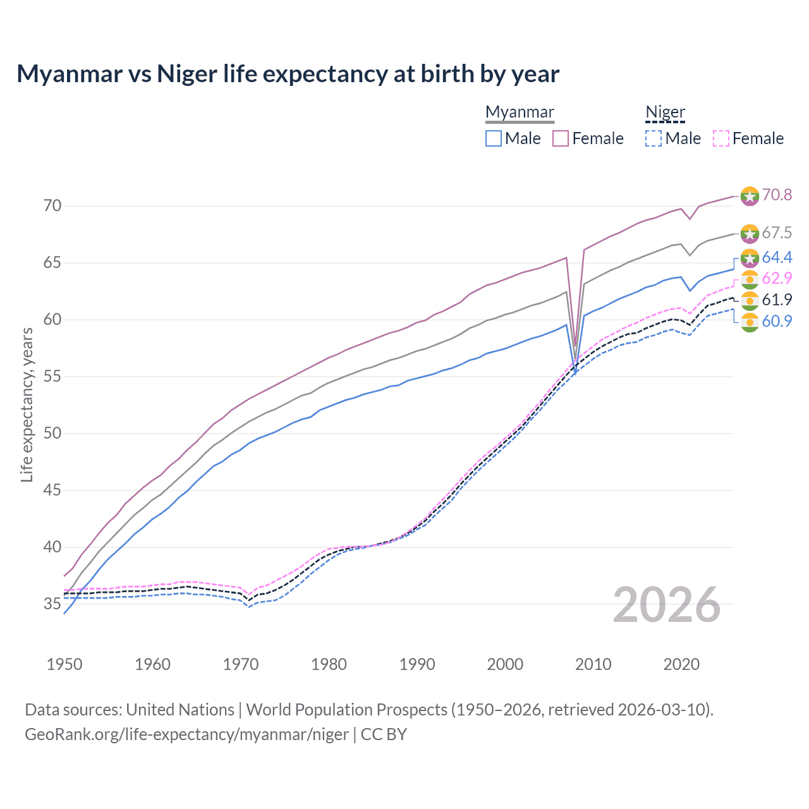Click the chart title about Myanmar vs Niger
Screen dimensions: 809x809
288,74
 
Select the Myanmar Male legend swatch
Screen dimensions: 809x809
494,138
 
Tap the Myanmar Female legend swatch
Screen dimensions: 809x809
561,138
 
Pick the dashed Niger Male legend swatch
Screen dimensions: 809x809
654,138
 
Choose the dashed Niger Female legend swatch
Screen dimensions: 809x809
721,138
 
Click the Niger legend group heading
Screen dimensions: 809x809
665,112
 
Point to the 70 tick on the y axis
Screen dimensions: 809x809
52,206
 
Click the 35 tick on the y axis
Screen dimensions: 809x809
52,604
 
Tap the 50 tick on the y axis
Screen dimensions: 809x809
52,434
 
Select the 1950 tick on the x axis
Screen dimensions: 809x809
64,664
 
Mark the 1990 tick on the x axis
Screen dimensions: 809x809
417,664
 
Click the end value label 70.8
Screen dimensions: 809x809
777,195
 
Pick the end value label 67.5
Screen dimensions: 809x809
777,233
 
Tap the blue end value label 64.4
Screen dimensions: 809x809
777,257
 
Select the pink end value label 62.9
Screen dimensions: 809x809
777,279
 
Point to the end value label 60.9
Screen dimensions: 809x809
777,321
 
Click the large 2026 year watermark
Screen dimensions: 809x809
667,605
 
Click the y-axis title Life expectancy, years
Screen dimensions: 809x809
27,404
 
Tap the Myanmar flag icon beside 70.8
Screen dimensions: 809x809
750,196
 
